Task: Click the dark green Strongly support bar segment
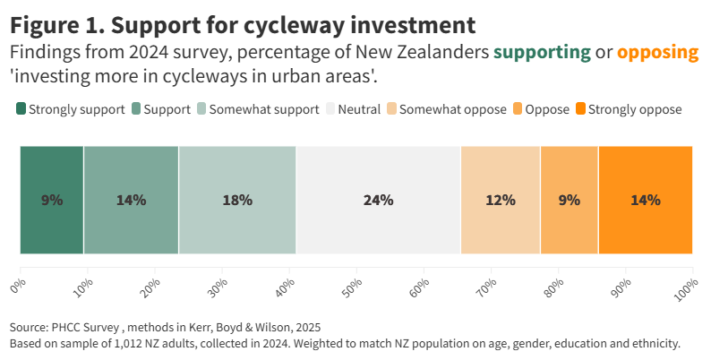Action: (x=52, y=200)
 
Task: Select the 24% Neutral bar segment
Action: (x=378, y=200)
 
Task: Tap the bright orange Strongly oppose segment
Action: (x=646, y=200)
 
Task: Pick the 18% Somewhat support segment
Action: (x=237, y=200)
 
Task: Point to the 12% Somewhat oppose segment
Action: (x=501, y=200)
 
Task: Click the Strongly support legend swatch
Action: (x=21, y=109)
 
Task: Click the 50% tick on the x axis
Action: (x=356, y=287)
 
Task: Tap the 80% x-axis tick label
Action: (x=557, y=287)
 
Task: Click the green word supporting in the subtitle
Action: (x=542, y=52)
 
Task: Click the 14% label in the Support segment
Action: (x=131, y=200)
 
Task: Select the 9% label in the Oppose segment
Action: (x=569, y=200)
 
